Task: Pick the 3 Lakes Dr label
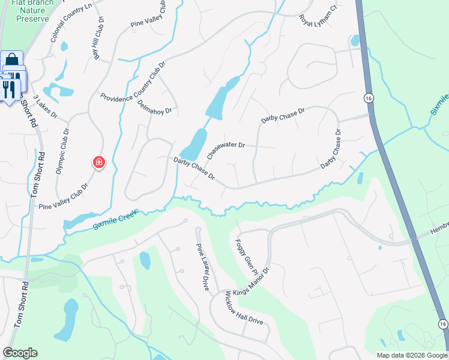click(45, 106)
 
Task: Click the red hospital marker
click(98, 162)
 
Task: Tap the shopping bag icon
click(11, 60)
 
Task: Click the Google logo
click(20, 353)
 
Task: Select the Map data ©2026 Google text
click(411, 355)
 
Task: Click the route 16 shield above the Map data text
click(442, 324)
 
